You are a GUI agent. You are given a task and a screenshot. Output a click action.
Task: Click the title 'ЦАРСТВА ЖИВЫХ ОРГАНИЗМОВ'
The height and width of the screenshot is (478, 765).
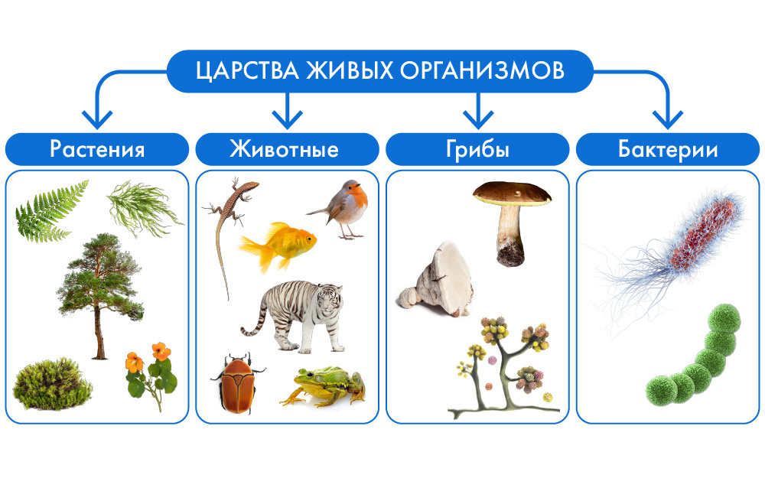point(380,70)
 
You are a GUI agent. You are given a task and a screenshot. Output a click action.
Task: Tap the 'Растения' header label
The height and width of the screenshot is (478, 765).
point(97,149)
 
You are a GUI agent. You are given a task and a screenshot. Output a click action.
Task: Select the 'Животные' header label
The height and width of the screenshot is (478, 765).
point(285,149)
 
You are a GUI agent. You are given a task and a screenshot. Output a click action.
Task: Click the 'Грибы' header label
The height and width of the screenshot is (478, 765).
point(477,150)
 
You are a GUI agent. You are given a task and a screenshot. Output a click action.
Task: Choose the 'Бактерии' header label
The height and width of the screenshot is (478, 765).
point(668,149)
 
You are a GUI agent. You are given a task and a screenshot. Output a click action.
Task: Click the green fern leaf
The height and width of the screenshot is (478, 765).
point(51,212)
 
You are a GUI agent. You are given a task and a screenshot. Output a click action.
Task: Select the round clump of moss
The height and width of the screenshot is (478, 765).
point(52,385)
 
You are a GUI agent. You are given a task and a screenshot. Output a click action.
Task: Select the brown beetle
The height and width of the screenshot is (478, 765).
point(238,383)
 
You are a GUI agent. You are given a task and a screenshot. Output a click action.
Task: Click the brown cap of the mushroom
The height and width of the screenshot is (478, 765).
point(512,194)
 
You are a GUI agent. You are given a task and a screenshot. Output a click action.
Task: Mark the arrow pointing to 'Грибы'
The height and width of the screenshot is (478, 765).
point(478,110)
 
